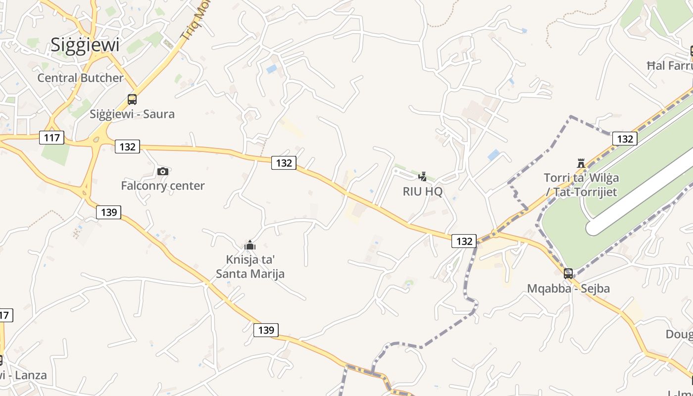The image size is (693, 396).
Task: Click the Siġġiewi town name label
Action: coord(85,45)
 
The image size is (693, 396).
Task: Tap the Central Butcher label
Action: coord(80,78)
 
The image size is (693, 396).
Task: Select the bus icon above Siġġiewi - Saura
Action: coord(132,99)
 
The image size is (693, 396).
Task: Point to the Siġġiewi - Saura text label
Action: coord(132,114)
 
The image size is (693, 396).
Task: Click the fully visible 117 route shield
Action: coord(51,137)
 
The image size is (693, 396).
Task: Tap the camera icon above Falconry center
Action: coord(163,171)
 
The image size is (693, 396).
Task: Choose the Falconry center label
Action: coord(163,186)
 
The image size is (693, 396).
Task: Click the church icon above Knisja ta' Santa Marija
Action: coord(250,245)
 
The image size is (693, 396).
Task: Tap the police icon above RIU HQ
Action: coord(422,176)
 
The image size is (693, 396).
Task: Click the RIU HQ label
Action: coord(422,191)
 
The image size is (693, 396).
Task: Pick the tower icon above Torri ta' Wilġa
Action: coord(581,163)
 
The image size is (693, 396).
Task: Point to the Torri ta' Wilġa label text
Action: coord(581,178)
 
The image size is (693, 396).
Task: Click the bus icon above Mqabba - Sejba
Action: coord(568,273)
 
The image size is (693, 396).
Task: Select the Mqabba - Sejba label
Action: coord(568,288)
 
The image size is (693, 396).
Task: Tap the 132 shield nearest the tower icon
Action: coord(625,139)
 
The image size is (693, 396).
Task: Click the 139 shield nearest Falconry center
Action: coord(108,212)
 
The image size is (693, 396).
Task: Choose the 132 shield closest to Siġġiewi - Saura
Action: coord(127,147)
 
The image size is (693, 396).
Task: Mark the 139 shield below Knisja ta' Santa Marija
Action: coord(266,330)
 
